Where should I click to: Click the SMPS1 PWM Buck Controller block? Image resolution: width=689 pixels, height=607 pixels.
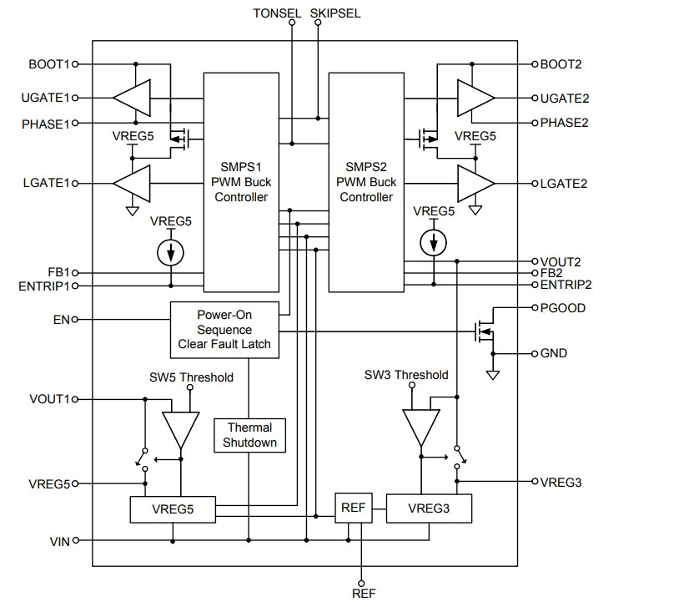coord(241,182)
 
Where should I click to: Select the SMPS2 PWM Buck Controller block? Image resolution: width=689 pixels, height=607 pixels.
coord(366,182)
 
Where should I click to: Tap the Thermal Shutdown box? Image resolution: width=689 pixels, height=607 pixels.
coord(249,436)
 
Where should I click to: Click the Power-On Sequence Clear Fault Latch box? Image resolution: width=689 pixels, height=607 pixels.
coord(224,330)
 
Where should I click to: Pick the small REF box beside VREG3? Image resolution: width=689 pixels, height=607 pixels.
coord(354,508)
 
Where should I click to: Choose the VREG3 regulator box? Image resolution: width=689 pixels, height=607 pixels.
coord(430,508)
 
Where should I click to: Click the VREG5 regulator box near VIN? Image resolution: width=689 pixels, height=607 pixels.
coord(173,509)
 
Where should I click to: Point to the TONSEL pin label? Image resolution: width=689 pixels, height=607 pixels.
coord(277,13)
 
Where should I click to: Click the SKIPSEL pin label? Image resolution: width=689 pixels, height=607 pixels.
coord(335,13)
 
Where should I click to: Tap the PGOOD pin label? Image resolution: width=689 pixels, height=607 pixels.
coord(563,308)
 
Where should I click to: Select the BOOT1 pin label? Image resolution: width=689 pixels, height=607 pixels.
coord(48,64)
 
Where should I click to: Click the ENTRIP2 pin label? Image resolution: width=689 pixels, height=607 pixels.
coord(566,285)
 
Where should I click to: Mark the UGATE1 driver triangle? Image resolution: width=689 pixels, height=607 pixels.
coord(132,98)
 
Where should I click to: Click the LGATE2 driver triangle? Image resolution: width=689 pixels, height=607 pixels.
coord(476,184)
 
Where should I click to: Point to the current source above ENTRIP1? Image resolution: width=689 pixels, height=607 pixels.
coord(170,252)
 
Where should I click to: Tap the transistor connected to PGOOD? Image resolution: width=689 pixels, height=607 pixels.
coord(485,331)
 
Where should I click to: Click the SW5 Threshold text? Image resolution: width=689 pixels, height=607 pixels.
coord(191,377)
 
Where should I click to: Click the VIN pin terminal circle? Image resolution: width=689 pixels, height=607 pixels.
coord(76,540)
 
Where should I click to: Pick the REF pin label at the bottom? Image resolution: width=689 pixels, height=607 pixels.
coord(364,594)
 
